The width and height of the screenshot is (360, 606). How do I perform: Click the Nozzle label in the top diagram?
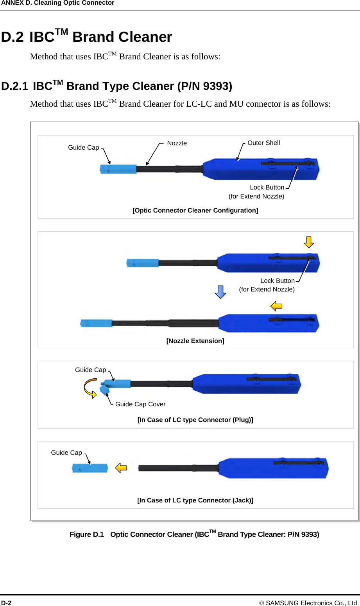coord(177,143)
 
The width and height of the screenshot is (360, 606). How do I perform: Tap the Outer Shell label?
coord(263,143)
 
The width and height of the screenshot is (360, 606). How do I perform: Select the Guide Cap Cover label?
coord(140,404)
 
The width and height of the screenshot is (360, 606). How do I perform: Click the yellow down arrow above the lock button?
coord(309,242)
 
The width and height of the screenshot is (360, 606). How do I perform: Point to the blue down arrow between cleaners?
coord(220,292)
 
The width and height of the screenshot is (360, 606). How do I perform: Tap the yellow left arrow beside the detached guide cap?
coord(121,468)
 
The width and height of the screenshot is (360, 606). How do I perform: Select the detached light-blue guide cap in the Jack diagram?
coord(90,468)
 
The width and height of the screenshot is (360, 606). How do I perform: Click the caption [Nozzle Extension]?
coord(195,341)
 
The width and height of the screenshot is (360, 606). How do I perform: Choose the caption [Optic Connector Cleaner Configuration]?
coord(195,211)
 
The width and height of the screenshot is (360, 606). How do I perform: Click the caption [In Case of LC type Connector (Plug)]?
coord(195,420)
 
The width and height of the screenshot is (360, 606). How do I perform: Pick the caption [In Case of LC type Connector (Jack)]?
coord(195,501)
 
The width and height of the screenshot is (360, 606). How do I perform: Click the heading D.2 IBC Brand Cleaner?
coord(86,37)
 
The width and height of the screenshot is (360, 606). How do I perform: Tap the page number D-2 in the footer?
coord(6,603)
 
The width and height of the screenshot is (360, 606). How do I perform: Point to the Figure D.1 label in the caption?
coord(86,534)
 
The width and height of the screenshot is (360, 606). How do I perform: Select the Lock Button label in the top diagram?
coord(267,188)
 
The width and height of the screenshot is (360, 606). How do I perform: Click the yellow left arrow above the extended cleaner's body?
coord(276,306)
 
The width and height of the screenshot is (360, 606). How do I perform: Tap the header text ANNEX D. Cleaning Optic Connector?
coord(57,3)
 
